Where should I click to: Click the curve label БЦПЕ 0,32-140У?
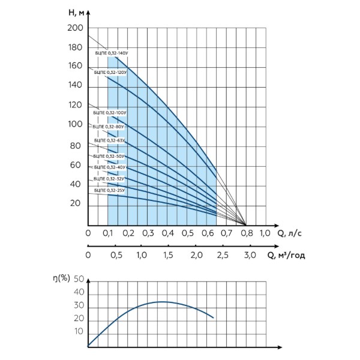[x=112, y=53]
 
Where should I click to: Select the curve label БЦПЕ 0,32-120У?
[x=110, y=73]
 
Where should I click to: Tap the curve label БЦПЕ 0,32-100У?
[x=110, y=113]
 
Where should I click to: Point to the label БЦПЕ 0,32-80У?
[x=109, y=127]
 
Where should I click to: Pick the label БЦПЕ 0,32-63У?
[x=110, y=140]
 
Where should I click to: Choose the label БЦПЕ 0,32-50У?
[x=109, y=157]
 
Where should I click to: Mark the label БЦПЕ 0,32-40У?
[x=110, y=167]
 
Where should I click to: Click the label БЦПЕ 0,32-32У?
[x=109, y=179]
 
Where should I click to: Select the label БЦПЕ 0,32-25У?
[x=110, y=191]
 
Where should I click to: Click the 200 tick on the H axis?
[x=75, y=28]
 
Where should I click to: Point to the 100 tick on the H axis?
[x=75, y=124]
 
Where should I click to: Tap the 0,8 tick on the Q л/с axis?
[x=247, y=233]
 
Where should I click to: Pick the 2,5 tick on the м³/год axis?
[x=223, y=255]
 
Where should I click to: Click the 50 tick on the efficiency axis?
[x=79, y=279]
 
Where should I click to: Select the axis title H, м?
[x=76, y=13]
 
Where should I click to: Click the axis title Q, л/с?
[x=290, y=233]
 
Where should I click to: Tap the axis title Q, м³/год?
[x=286, y=256]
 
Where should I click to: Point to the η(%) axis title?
[x=61, y=278]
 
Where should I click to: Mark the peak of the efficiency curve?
[x=163, y=302]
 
